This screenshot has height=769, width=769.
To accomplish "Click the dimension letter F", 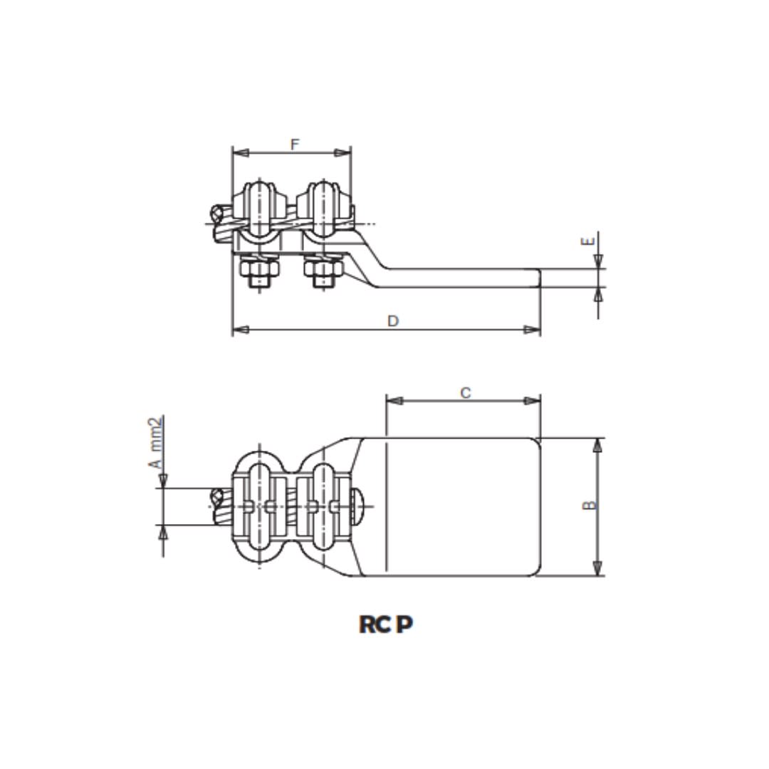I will (x=295, y=145).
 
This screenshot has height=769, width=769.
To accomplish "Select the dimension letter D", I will (x=392, y=321).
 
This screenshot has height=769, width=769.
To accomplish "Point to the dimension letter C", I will (x=465, y=392).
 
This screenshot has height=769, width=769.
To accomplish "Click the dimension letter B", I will (x=589, y=505).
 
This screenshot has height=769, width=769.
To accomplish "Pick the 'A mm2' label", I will (x=156, y=443).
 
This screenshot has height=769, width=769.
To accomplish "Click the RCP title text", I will (x=385, y=624).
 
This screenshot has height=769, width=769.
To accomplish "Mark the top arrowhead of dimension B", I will (x=597, y=446).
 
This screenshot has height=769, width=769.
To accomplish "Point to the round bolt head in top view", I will (x=362, y=506).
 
